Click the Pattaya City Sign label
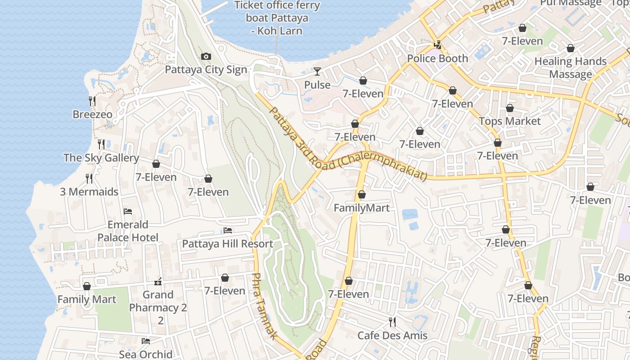click(206, 70)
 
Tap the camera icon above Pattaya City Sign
click(206, 56)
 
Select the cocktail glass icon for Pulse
click(317, 72)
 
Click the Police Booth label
click(437, 58)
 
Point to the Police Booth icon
click(437, 45)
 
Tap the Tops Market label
click(509, 121)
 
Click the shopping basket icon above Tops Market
click(509, 108)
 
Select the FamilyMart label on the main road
click(361, 208)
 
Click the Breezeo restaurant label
click(92, 114)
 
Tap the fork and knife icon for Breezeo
click(92, 101)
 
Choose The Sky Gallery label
click(101, 157)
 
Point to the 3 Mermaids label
click(89, 192)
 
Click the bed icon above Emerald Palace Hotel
click(128, 211)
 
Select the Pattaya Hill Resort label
click(227, 244)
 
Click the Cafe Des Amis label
click(392, 335)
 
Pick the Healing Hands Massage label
click(570, 67)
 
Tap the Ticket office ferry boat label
click(277, 18)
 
